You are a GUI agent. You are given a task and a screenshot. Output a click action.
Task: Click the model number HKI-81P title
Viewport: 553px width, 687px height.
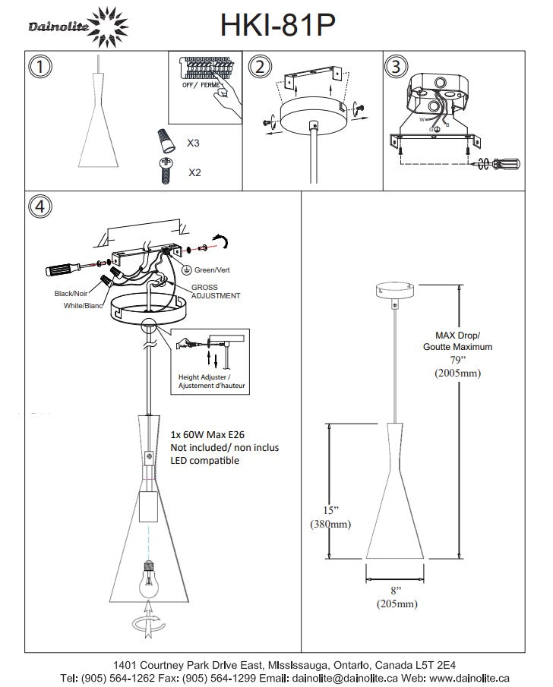277,24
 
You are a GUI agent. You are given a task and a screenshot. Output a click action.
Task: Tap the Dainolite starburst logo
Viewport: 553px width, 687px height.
107,27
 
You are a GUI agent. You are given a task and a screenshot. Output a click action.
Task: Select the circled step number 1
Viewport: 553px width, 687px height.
40,67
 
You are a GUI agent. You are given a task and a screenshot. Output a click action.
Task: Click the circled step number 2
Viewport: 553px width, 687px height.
260,67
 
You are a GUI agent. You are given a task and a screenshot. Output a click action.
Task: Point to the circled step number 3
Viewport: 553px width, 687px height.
396,67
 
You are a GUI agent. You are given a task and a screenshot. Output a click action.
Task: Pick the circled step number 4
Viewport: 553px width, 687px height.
40,206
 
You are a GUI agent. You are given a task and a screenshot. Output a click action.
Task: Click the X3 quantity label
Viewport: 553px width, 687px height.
193,143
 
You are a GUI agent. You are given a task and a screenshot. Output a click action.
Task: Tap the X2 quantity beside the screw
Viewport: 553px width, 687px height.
194,172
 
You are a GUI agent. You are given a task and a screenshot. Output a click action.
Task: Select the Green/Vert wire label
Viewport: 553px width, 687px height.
212,270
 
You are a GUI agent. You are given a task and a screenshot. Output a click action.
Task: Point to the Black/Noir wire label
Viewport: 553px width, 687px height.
71,293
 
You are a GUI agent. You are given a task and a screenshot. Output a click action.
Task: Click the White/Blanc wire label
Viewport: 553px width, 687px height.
83,305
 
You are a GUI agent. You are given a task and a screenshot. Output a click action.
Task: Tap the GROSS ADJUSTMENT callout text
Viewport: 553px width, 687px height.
215,292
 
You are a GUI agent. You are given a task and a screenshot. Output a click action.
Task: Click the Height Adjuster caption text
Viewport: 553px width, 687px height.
211,381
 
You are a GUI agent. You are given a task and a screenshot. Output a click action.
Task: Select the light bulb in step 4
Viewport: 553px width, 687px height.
150,578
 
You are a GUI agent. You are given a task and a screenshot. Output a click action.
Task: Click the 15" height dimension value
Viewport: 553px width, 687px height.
330,510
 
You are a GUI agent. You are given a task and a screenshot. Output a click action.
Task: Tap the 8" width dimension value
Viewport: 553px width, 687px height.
396,591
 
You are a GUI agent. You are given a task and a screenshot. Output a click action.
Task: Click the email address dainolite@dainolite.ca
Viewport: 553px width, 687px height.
345,678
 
